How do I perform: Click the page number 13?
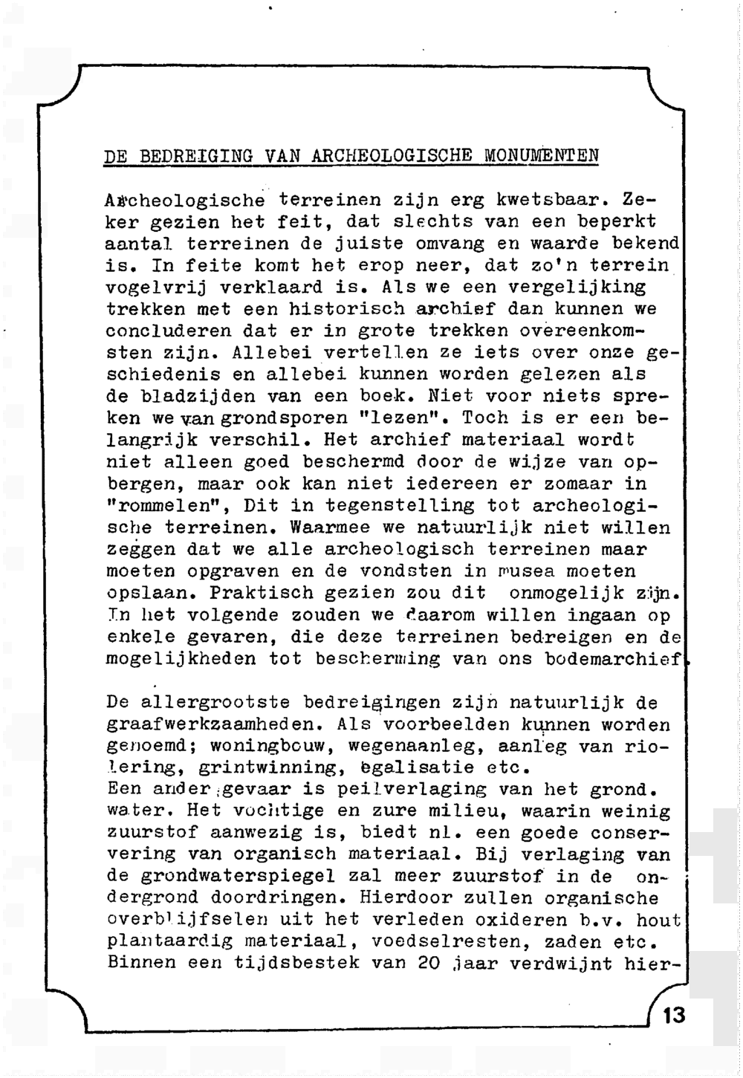[x=674, y=1015]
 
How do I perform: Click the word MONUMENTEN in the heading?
[x=542, y=156]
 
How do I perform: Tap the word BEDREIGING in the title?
[x=196, y=157]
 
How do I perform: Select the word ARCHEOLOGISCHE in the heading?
[x=392, y=156]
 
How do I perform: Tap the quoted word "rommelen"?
[x=164, y=506]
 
